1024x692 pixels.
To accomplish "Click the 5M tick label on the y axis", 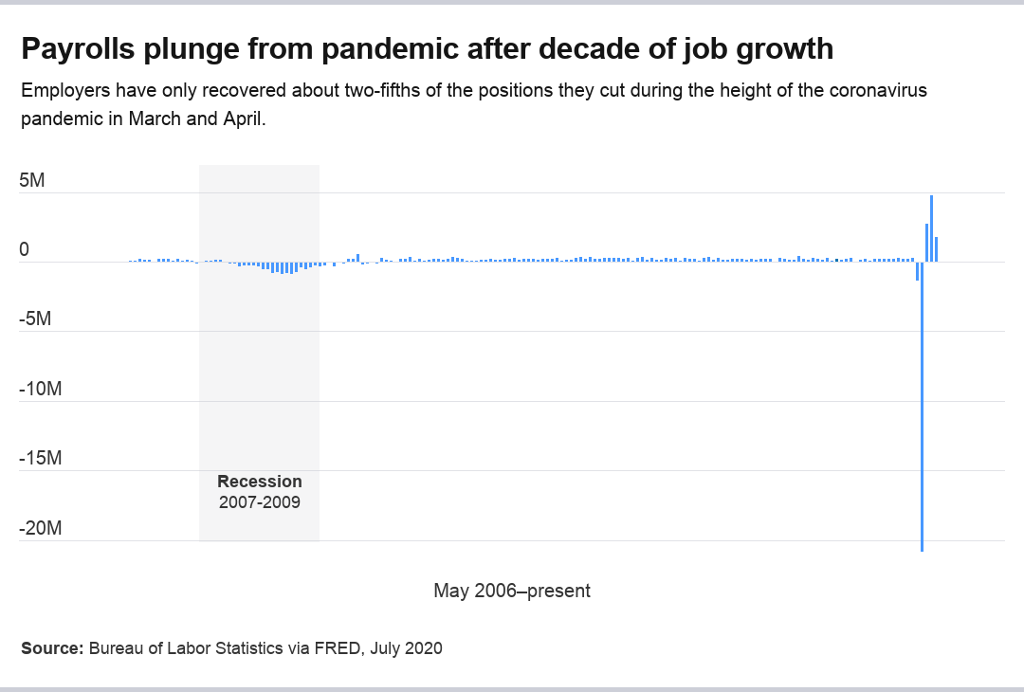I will (32, 180).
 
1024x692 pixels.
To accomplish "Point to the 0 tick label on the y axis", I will (25, 250).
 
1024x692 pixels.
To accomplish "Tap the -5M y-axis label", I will (35, 319).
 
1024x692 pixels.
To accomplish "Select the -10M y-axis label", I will (40, 389).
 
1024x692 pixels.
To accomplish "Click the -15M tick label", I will (40, 459).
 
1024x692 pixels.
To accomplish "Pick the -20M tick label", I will (40, 528).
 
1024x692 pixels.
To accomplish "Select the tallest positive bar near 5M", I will (932, 228).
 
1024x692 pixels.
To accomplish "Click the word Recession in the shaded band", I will (260, 482).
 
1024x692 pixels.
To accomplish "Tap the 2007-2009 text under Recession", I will (260, 502).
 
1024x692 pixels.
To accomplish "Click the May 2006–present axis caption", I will (512, 591).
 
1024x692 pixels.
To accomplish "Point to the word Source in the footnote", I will (52, 648).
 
